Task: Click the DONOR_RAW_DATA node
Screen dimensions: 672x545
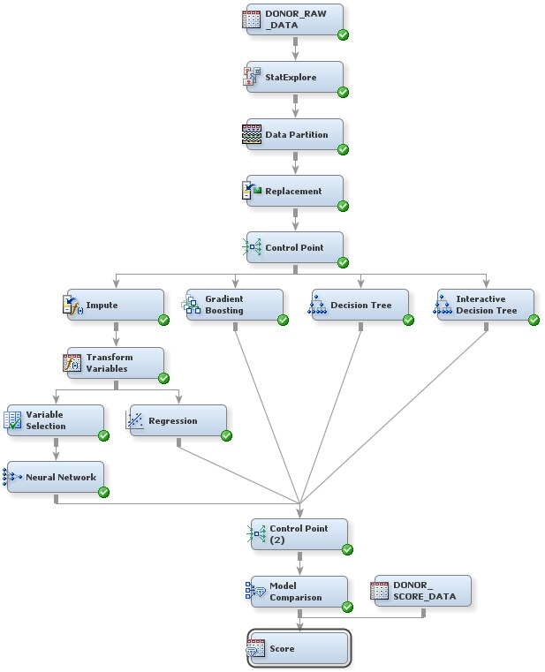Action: click(294, 20)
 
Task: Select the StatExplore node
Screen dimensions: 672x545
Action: click(294, 78)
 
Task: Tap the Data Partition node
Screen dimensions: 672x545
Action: click(294, 135)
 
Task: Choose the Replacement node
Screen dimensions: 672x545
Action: click(294, 191)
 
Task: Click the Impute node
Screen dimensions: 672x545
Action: click(115, 306)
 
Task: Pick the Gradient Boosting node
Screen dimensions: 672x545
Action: click(234, 306)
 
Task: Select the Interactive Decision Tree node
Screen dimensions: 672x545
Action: click(485, 306)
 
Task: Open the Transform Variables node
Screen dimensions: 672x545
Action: click(115, 363)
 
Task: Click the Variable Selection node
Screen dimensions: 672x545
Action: click(55, 420)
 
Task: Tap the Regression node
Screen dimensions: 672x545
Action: click(177, 420)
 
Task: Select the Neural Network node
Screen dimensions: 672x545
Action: click(55, 477)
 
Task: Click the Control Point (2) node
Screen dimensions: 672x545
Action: click(299, 534)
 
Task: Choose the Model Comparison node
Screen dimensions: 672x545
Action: click(299, 592)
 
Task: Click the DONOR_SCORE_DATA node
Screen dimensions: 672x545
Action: click(422, 592)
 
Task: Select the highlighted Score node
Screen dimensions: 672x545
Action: click(299, 649)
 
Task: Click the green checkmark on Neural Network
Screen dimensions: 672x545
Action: click(103, 492)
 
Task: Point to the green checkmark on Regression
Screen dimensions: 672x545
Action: click(226, 435)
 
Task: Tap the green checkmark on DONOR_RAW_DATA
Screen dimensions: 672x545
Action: click(343, 34)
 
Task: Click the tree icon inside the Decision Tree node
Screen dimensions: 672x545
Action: click(317, 306)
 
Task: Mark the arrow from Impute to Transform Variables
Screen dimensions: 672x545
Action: click(116, 336)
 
